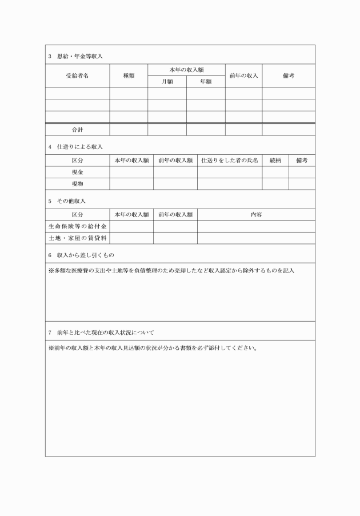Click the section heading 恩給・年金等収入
[x=79, y=56]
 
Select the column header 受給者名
[x=77, y=75]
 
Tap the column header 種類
[x=129, y=75]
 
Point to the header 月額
[x=167, y=82]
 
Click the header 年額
[x=206, y=82]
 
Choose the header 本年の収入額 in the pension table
[x=186, y=69]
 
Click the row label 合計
[x=77, y=130]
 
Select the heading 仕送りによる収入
[x=79, y=147]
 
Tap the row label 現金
[x=77, y=172]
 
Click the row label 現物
[x=77, y=184]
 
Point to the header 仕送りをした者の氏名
[x=230, y=161]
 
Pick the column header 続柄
[x=275, y=161]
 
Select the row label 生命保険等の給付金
[x=77, y=226]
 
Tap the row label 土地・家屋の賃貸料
[x=77, y=238]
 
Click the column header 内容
[x=256, y=214]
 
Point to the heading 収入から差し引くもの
[x=85, y=254]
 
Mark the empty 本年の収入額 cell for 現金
[x=131, y=172]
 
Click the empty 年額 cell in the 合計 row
[x=206, y=130]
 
